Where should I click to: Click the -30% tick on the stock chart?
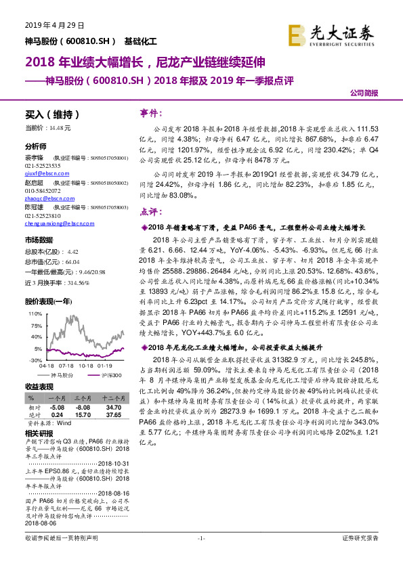33,360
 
